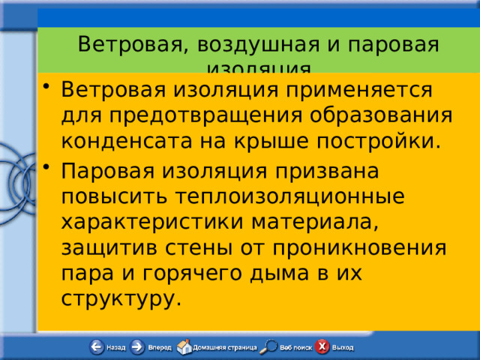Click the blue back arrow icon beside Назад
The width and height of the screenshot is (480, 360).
(97, 347)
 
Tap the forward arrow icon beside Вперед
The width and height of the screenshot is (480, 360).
(137, 347)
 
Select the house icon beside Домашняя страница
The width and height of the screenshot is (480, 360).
(184, 347)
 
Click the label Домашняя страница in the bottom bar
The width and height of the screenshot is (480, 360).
(225, 348)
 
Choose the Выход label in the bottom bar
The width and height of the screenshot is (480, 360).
(343, 348)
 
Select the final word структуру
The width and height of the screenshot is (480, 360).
(121, 298)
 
